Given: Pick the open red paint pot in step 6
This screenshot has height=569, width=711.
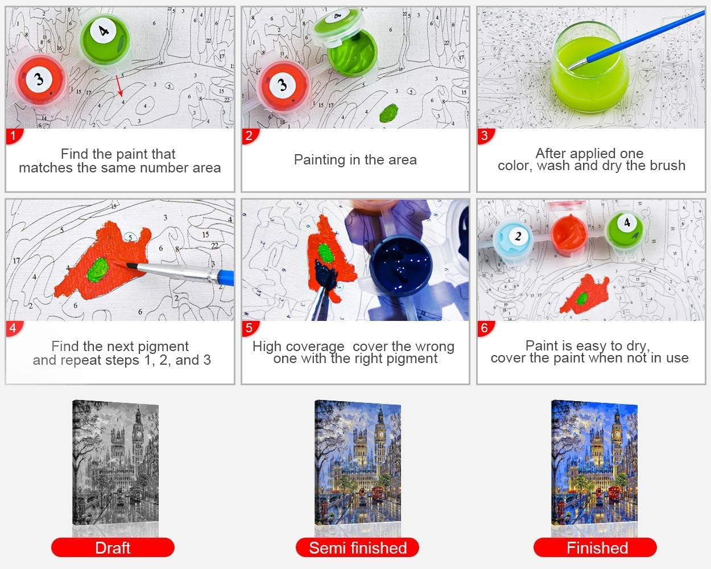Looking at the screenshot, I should pyautogui.click(x=572, y=228).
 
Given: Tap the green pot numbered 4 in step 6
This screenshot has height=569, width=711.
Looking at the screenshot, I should pyautogui.click(x=625, y=226).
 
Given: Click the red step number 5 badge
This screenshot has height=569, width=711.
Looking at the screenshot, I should pyautogui.click(x=249, y=328).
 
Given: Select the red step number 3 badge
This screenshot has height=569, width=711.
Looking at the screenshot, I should pyautogui.click(x=485, y=136).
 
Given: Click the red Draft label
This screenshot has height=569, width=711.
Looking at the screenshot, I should pyautogui.click(x=113, y=548).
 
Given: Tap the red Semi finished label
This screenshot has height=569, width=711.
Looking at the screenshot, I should pyautogui.click(x=357, y=548).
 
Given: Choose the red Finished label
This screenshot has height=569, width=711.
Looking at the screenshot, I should pyautogui.click(x=596, y=548).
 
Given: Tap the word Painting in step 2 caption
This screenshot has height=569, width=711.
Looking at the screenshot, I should pyautogui.click(x=319, y=160).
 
